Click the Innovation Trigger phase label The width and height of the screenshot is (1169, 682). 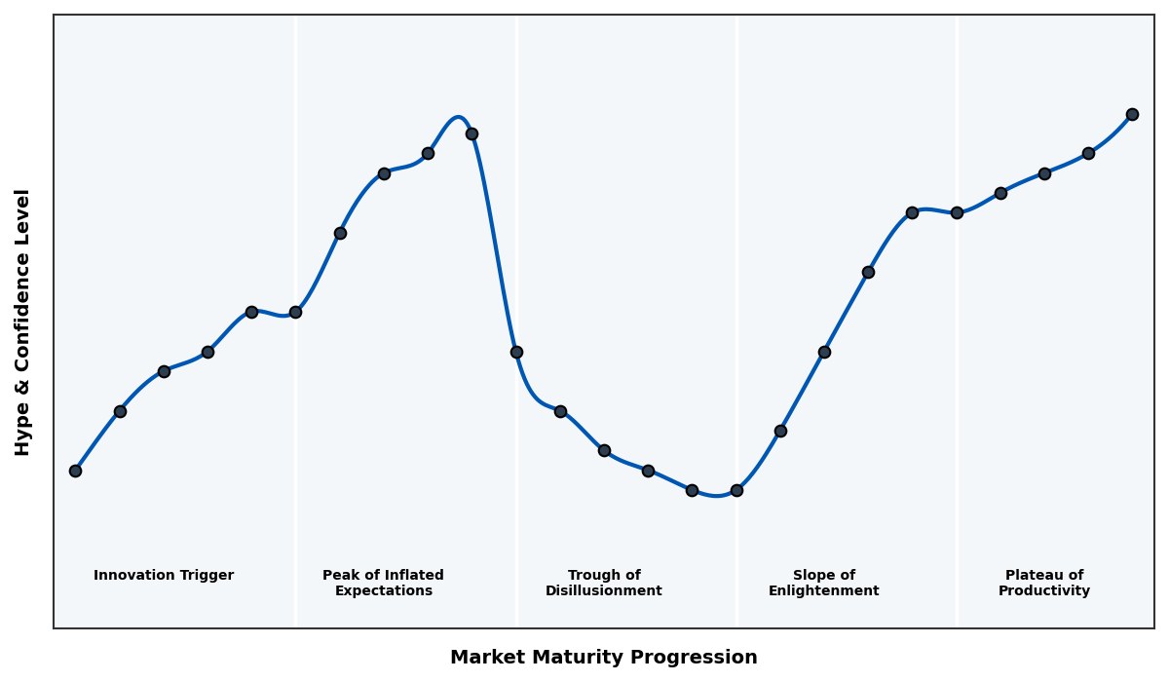tap(164, 576)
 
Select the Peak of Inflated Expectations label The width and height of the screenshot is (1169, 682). tap(383, 583)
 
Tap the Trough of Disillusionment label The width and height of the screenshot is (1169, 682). tap(603, 583)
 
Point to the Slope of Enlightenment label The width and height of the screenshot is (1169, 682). tap(823, 583)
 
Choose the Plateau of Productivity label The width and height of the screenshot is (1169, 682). tap(1043, 583)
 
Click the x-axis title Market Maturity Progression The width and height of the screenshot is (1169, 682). tap(603, 658)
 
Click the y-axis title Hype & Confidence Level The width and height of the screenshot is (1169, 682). tap(23, 322)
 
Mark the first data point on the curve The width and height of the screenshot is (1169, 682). tap(75, 471)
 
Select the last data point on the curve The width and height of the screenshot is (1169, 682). tap(1132, 114)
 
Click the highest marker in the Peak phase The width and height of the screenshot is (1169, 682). tap(471, 133)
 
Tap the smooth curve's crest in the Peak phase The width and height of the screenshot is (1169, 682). tap(458, 117)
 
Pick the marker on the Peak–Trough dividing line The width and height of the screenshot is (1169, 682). tap(516, 352)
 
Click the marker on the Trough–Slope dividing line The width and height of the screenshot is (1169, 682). tap(736, 490)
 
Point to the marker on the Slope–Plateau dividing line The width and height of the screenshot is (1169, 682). tap(957, 212)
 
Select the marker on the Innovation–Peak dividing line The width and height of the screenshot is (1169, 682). tap(295, 312)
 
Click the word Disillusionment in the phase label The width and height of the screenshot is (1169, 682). tap(603, 591)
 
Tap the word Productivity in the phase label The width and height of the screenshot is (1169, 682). tap(1043, 591)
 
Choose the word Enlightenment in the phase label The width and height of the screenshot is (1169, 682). tap(823, 591)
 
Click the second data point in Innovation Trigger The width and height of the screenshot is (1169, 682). tap(120, 411)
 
